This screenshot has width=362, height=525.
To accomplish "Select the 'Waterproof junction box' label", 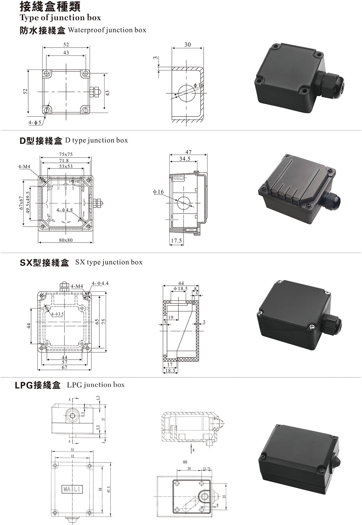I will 107,30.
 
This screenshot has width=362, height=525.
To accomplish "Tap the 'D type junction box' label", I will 96,140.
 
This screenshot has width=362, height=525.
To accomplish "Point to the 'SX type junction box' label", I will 109,262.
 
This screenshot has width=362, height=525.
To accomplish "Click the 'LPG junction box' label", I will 96,385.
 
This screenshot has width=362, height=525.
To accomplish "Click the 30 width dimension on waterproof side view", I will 187,45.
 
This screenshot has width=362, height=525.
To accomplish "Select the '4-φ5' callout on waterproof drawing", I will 35,123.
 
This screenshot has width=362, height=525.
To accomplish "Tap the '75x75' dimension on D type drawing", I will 66,154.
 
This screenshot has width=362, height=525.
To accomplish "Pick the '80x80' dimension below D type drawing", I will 66,240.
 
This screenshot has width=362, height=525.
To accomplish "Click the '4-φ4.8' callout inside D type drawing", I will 65,210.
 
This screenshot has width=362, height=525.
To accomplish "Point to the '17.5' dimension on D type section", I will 177,241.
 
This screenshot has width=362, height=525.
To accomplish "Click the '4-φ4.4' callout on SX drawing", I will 100,283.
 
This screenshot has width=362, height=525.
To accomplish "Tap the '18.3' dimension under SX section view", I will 170,370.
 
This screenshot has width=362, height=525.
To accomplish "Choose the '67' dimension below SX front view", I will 65,367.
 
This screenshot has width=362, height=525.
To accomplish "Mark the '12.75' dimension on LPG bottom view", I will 206,469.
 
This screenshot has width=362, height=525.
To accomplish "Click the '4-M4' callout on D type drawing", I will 24,166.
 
